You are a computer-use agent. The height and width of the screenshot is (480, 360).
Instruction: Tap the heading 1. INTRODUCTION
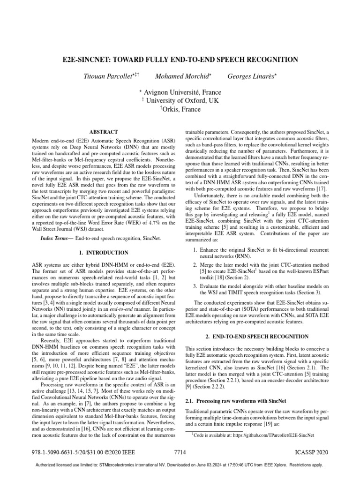103,252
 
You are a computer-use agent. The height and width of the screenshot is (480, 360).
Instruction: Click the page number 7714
180,454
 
